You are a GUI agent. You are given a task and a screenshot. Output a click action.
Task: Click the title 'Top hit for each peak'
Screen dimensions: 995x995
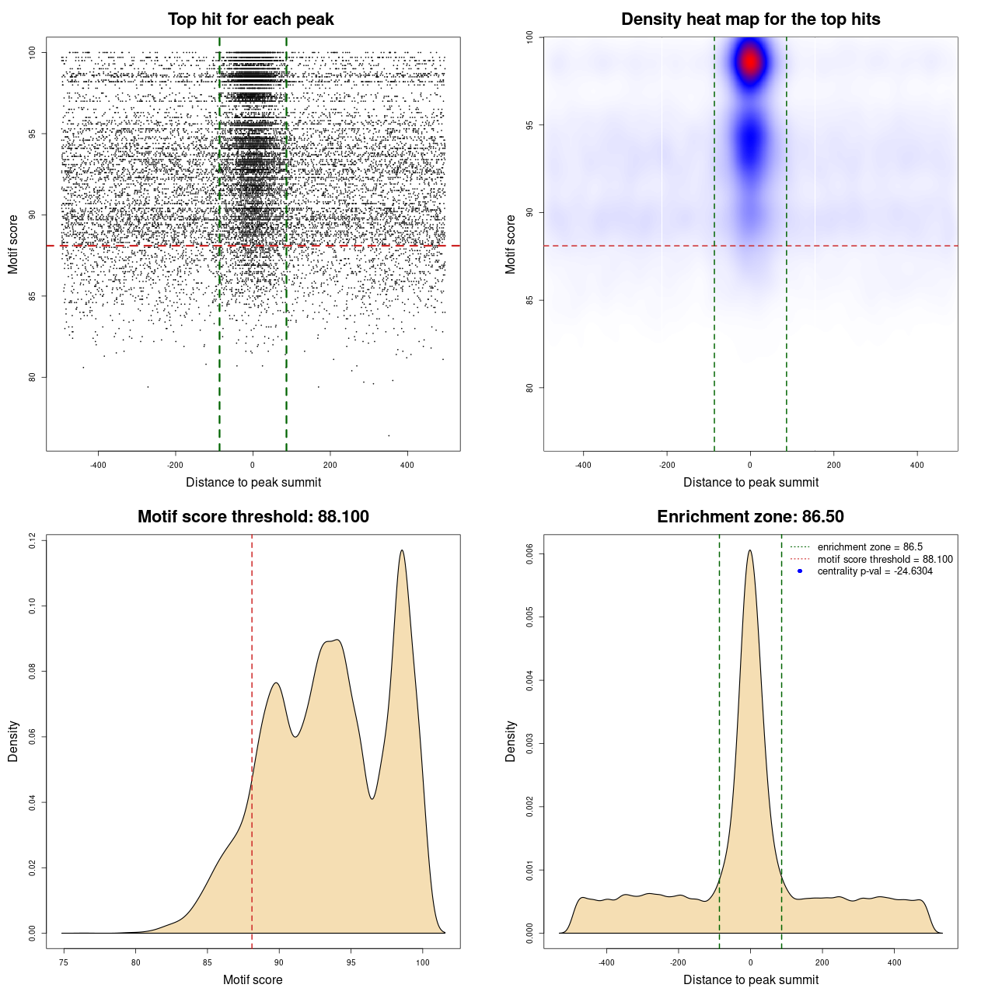coord(250,19)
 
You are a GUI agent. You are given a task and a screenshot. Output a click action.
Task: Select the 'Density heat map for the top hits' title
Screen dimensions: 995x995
coord(750,19)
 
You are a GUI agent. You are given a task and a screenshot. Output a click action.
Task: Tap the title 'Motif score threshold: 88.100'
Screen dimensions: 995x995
coord(253,517)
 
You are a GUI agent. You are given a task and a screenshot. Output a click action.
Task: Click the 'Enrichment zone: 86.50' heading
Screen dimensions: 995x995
coord(750,517)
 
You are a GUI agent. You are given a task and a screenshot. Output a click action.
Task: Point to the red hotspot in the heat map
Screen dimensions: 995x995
coord(750,61)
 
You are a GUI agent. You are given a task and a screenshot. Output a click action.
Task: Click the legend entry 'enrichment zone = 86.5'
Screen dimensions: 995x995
coord(870,547)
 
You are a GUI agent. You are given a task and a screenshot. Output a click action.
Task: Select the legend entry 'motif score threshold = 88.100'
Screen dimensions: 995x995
coord(885,559)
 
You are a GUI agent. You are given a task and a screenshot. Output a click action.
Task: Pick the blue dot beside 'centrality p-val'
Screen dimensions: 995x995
coord(800,571)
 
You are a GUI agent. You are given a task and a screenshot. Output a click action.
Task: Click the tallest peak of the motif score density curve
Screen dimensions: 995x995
coord(402,550)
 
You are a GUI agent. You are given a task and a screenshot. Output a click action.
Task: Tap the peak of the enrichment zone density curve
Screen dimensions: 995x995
coord(750,550)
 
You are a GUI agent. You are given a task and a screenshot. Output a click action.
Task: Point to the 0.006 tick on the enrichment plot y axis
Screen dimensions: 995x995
coord(530,554)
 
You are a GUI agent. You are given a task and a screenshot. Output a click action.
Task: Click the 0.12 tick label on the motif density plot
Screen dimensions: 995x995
coord(33,540)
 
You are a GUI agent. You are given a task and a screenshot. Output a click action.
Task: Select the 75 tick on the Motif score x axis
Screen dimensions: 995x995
coord(64,962)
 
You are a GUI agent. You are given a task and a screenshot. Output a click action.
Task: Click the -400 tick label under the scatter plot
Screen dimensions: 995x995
coord(98,465)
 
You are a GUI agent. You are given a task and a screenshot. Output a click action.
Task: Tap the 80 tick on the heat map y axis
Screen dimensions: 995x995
coord(530,388)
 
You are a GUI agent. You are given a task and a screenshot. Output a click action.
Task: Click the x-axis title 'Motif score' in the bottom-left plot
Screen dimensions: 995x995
coord(253,979)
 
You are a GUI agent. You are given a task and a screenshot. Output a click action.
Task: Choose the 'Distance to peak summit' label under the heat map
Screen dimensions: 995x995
coord(750,482)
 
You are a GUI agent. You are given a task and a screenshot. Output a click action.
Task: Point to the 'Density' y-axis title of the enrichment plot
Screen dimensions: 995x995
coord(511,741)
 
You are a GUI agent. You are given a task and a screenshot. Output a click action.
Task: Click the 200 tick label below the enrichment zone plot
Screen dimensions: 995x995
coord(822,962)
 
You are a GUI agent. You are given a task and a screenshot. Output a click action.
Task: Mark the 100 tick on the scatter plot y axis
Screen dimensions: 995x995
coord(33,52)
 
